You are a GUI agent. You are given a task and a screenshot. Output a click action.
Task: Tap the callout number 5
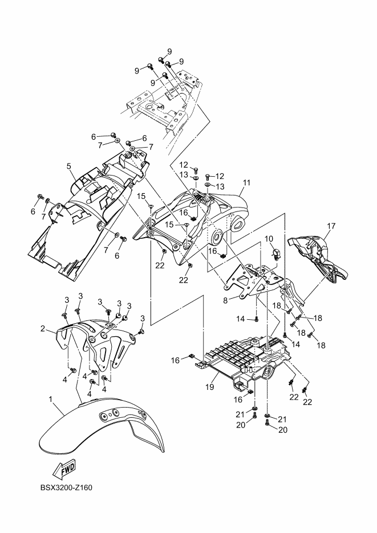pyautogui.click(x=68, y=166)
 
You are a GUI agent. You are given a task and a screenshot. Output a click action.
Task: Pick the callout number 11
pyautogui.click(x=246, y=183)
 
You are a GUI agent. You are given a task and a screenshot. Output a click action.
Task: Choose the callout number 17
pyautogui.click(x=330, y=226)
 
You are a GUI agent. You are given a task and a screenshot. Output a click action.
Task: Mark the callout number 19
pyautogui.click(x=209, y=387)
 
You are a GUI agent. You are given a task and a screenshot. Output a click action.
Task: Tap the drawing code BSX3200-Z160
pyautogui.click(x=66, y=487)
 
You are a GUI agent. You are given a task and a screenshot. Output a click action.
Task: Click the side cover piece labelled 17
pyautogui.click(x=317, y=254)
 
